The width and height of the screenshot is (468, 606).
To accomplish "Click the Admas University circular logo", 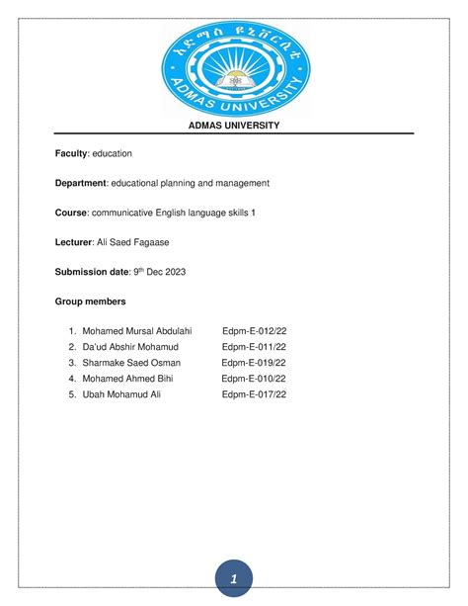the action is click(x=234, y=61).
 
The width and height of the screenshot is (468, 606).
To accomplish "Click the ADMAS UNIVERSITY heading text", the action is click(x=234, y=125).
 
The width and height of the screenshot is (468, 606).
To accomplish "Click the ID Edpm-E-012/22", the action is click(x=256, y=331).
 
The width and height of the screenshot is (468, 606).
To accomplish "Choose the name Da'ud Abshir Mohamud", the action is click(x=133, y=347).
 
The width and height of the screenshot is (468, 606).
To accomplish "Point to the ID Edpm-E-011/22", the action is click(x=255, y=347).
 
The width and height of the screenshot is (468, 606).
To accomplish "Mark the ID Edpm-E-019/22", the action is click(x=254, y=363).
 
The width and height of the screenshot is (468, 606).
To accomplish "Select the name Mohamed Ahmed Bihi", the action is click(x=128, y=379).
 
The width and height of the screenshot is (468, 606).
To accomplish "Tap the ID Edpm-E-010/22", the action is click(x=254, y=379).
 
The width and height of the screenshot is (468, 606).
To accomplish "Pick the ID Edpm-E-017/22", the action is click(x=254, y=394).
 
